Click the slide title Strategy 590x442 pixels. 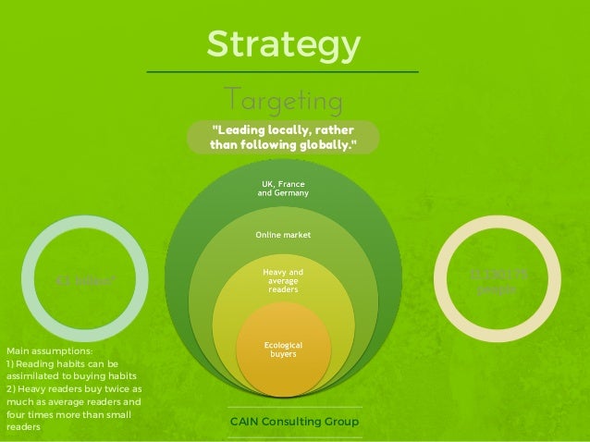tap(283, 43)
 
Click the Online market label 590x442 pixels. tap(283, 235)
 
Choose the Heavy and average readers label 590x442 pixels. tap(283, 281)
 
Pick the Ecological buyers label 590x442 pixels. tap(283, 349)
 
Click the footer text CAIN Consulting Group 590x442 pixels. tap(293, 423)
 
